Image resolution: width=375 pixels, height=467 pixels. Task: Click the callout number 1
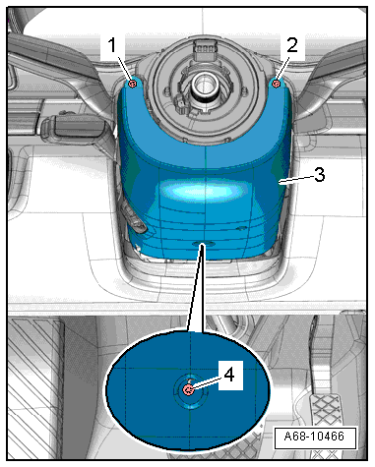(112, 45)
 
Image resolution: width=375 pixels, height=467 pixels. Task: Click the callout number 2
(292, 44)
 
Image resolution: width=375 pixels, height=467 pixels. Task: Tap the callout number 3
(319, 174)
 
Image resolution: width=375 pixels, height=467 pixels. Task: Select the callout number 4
(229, 375)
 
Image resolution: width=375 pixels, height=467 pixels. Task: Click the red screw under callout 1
(133, 84)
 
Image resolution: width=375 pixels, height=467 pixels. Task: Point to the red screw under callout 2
(277, 84)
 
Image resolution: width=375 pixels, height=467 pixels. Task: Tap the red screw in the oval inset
(188, 389)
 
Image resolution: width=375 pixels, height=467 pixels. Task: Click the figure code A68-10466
(314, 437)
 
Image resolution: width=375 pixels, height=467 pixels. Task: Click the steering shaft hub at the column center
(205, 86)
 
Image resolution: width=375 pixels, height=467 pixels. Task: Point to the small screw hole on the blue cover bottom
(204, 244)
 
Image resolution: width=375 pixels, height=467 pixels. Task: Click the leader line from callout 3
(296, 180)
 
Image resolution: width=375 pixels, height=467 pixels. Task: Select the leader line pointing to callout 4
(207, 382)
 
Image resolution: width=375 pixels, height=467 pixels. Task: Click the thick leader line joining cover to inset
(196, 288)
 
